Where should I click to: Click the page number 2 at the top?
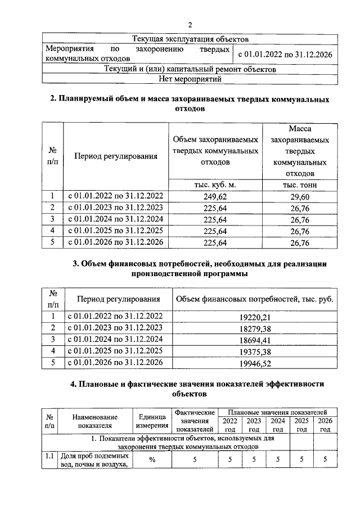(190, 25)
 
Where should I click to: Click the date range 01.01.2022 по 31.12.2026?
(285, 55)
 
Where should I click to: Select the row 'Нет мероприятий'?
(190, 79)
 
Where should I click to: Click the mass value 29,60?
(300, 196)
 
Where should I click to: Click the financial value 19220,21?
(255, 317)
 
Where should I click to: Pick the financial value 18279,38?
(255, 328)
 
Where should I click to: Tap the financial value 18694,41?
(255, 340)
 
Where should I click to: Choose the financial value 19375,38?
(255, 352)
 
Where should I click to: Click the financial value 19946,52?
(255, 364)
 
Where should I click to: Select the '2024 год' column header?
(277, 425)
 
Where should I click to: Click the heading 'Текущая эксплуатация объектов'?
(190, 39)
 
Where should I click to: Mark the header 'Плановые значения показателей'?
(277, 413)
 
